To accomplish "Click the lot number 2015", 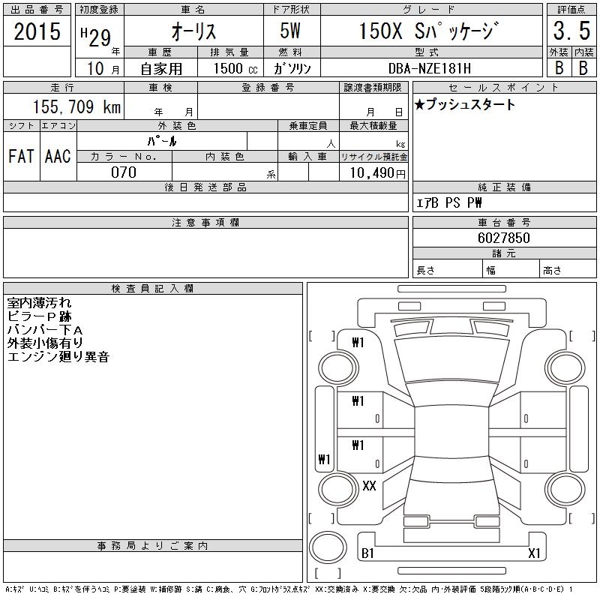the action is tap(37, 31).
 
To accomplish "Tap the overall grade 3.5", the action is tap(571, 31).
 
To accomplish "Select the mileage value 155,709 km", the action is tap(77, 106).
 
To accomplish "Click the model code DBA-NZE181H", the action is tap(429, 68).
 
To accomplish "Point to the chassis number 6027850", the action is tap(503, 238).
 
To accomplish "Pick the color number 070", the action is tap(124, 172).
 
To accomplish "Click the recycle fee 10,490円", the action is tap(377, 173).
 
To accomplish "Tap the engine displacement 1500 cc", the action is tap(235, 68).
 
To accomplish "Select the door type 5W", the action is tap(290, 31).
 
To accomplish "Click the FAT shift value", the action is tap(21, 156).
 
